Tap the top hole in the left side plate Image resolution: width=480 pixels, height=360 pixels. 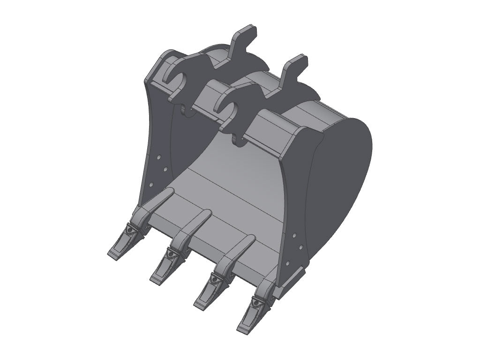tap(159, 158)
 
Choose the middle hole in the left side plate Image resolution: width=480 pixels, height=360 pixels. tap(165, 169)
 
